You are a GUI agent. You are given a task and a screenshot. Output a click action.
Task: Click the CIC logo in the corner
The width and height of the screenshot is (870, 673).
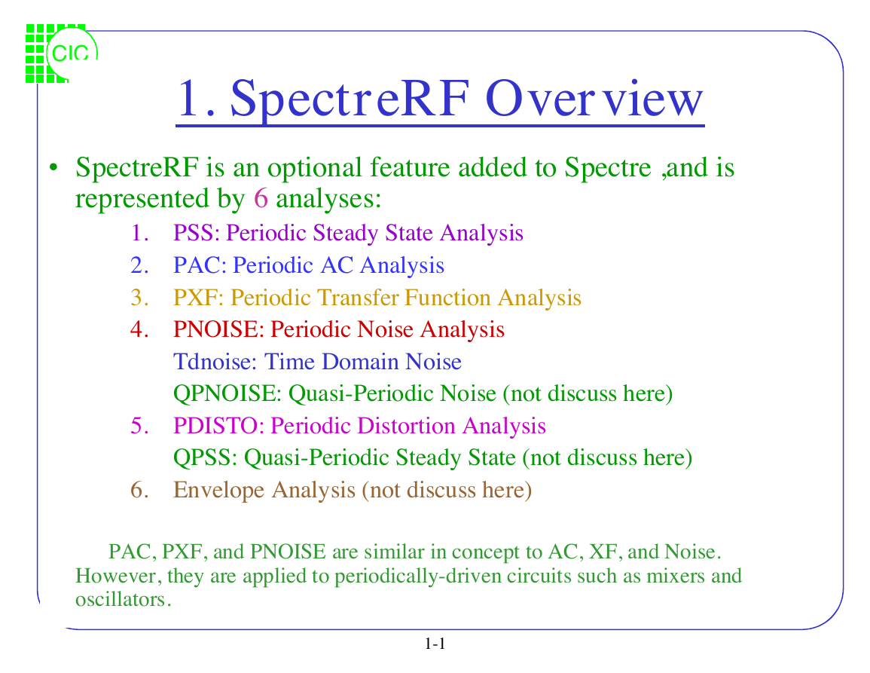click(62, 54)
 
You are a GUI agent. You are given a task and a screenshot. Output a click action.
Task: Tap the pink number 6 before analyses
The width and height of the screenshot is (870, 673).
click(261, 198)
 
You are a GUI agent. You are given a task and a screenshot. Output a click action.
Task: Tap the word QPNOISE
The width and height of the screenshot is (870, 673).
click(227, 393)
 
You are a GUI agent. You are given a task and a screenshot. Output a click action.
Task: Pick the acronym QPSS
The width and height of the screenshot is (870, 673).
click(203, 457)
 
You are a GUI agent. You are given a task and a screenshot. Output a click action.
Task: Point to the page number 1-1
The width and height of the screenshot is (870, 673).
click(435, 644)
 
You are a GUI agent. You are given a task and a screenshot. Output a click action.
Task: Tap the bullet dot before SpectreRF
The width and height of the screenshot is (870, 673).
click(53, 167)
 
